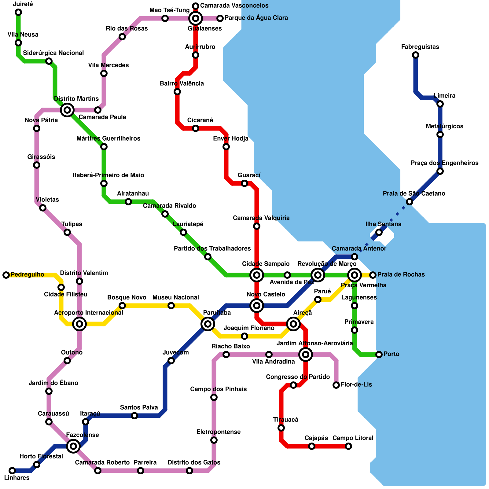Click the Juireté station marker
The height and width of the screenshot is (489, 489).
[18, 12]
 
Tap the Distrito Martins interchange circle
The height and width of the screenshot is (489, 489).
[67, 110]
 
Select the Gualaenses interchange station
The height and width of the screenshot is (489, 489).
[196, 19]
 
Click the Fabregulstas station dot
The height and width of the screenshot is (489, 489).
[416, 55]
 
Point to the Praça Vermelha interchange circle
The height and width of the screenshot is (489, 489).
[355, 275]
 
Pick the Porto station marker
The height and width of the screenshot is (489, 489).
[379, 355]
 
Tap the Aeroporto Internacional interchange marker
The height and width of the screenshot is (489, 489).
[79, 324]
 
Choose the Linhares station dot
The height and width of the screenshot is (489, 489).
[12, 470]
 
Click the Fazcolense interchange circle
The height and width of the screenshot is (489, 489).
[73, 446]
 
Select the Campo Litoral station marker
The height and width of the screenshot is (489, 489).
[348, 446]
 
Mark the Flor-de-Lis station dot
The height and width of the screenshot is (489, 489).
[336, 385]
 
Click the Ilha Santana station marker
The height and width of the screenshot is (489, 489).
[379, 232]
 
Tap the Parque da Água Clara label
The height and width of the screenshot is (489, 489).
[256, 18]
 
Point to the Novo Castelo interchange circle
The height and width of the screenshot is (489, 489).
[257, 306]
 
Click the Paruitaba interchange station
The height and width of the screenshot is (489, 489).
[208, 324]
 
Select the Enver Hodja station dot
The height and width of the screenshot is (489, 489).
[226, 147]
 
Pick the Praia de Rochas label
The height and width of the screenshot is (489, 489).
[401, 275]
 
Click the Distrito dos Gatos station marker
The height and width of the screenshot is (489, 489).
[189, 471]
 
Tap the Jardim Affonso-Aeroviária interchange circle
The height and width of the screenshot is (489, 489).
[306, 355]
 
